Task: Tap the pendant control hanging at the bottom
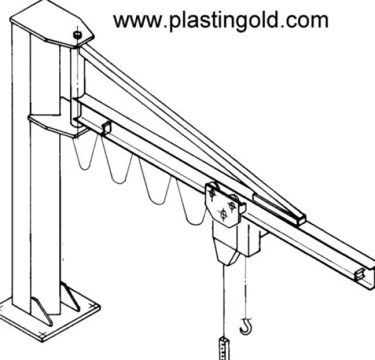pyautogui.click(x=224, y=349)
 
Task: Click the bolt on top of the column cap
pyautogui.click(x=77, y=35)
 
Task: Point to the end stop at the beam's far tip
pyautogui.click(x=360, y=274)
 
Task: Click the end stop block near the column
pyautogui.click(x=106, y=127)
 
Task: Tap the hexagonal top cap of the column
pyautogui.click(x=52, y=23)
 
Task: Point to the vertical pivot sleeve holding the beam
pyautogui.click(x=78, y=86)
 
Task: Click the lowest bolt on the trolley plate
pyautogui.click(x=223, y=214)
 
